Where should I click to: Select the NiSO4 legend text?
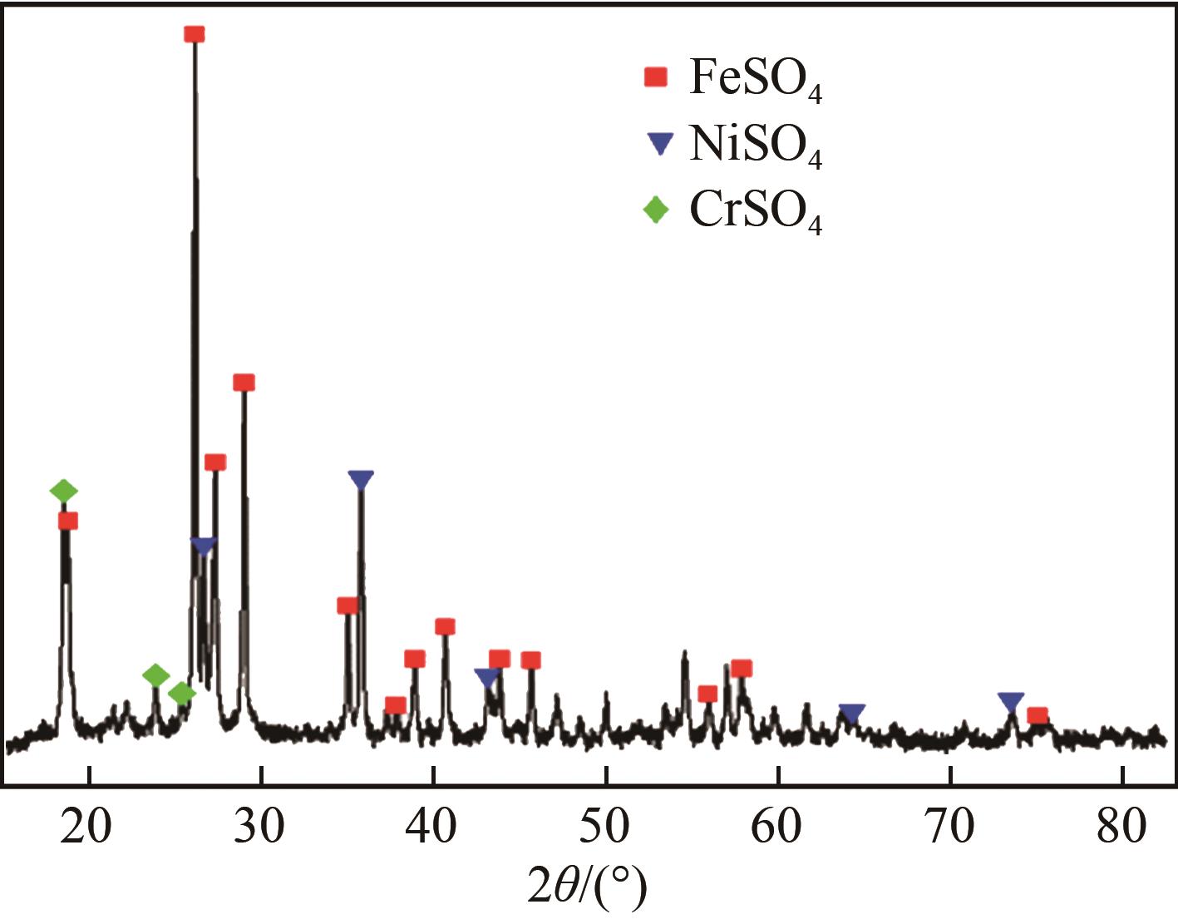click(x=755, y=147)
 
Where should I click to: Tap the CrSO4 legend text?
click(x=755, y=213)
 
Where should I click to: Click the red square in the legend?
click(x=656, y=77)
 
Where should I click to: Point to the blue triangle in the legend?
click(x=658, y=144)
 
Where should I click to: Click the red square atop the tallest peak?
click(x=195, y=34)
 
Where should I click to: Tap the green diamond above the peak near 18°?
click(x=63, y=491)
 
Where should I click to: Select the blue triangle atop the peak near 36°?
click(x=361, y=480)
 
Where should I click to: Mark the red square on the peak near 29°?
click(x=244, y=383)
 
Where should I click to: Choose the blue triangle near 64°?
click(x=852, y=713)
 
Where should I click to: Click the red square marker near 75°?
click(x=1038, y=716)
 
